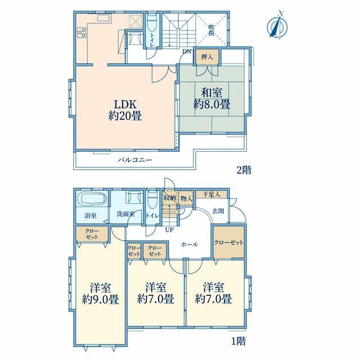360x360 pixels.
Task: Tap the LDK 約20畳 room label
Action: tap(125, 110)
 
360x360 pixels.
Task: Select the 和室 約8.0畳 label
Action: tap(211, 99)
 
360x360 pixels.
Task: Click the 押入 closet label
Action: tap(207, 57)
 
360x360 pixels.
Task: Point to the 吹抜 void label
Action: tap(211, 30)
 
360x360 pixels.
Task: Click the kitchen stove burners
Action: tap(82, 33)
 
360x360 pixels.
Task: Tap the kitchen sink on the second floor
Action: tap(103, 18)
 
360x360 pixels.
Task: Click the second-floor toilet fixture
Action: tap(152, 23)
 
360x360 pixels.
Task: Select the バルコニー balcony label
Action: tap(135, 160)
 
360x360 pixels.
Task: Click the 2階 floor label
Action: tap(244, 170)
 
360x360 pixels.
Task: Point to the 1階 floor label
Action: tap(238, 341)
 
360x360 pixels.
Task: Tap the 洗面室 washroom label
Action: tap(125, 214)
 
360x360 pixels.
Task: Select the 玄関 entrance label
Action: tap(218, 211)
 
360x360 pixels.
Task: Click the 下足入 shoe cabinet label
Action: tap(211, 195)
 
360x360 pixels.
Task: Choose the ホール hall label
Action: tap(190, 244)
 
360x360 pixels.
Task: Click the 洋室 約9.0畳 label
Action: tap(100, 294)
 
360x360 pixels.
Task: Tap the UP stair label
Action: tap(169, 229)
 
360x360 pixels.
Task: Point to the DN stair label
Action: tap(187, 51)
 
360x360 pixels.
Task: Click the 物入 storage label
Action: tap(186, 199)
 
